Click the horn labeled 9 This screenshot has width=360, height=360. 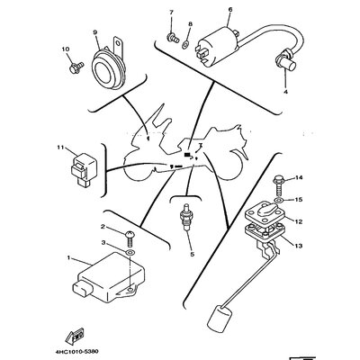108,68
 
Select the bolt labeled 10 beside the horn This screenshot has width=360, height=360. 76,67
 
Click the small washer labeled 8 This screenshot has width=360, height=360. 185,45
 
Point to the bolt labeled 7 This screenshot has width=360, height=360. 173,38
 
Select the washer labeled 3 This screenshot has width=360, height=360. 130,252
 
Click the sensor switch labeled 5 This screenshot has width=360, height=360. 185,218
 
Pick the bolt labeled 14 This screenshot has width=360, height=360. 277,185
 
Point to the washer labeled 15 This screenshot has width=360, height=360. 278,200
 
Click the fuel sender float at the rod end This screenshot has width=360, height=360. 220,316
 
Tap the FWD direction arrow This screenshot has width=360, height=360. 76,335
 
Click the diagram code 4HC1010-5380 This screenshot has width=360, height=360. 76,351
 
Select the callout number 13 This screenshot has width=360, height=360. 299,246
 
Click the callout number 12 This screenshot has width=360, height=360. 299,222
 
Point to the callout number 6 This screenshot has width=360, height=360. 230,9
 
